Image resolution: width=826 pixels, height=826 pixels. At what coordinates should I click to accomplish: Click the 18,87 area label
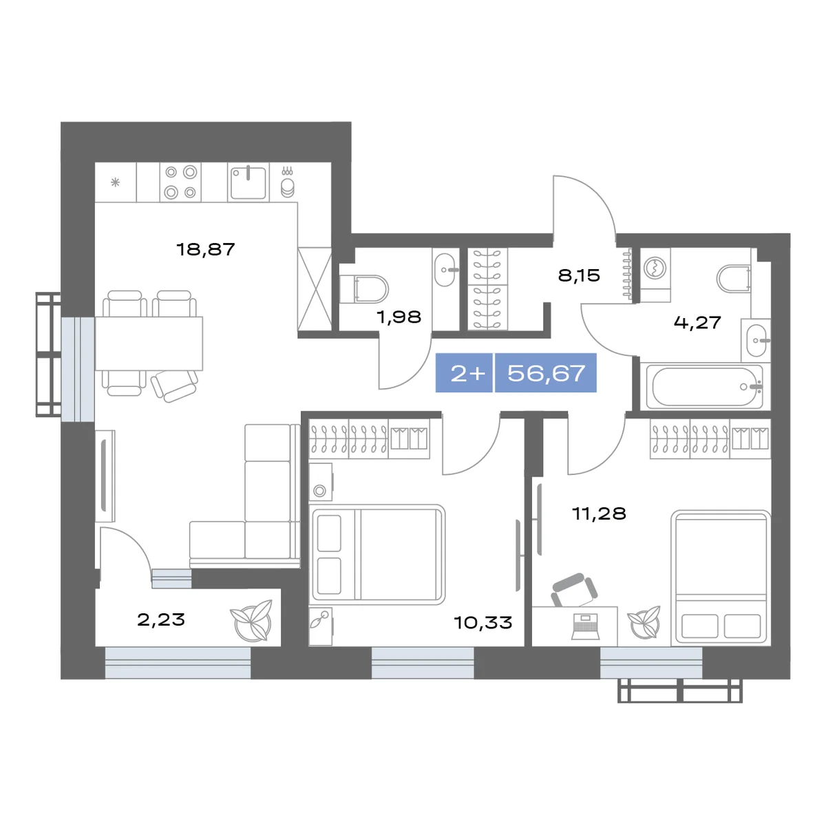coord(206,249)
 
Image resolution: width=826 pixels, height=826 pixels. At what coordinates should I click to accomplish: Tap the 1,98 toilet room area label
coord(399,317)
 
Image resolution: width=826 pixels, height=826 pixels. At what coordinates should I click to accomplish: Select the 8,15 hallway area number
coord(579,275)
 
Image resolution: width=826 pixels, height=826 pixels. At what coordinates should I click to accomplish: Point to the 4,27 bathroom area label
coord(697,322)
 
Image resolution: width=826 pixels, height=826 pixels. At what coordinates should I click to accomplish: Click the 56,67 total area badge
coord(546,373)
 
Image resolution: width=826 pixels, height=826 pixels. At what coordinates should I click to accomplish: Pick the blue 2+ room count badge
coord(464,373)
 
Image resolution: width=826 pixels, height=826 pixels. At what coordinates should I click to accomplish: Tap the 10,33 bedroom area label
coord(483,622)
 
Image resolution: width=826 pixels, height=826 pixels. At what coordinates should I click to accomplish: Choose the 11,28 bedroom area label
coord(600,513)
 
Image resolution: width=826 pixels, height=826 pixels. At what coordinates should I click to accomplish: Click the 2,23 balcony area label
coord(161,619)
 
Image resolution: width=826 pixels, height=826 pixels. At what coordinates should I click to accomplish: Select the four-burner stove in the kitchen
coord(180,182)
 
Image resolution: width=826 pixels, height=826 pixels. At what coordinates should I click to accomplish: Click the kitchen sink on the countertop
coord(248,182)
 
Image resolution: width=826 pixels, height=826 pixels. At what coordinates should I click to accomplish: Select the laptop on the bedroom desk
coord(585,626)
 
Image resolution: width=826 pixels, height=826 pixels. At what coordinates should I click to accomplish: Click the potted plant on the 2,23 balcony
coord(252,620)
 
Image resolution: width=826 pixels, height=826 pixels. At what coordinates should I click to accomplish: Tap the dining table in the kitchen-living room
coord(149,343)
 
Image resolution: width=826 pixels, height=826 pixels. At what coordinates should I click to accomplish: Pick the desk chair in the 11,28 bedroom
coord(574,590)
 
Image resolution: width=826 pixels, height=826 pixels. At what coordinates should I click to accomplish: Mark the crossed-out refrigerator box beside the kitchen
coord(315,289)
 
